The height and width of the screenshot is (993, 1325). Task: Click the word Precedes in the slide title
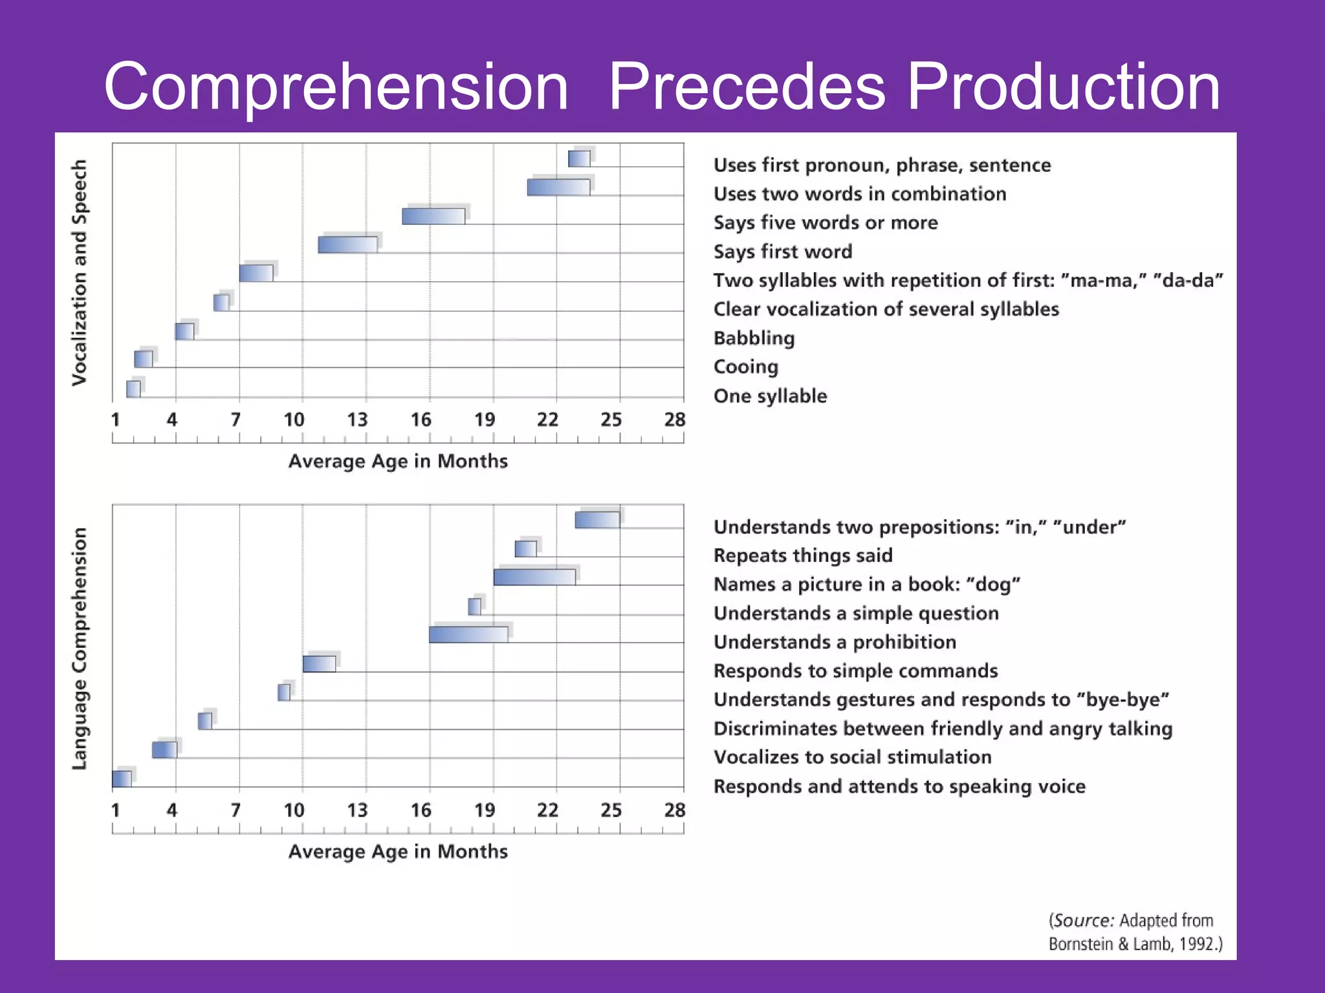click(747, 87)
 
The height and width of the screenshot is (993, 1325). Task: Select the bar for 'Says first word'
click(348, 245)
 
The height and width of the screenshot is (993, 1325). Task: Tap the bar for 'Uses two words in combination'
click(558, 187)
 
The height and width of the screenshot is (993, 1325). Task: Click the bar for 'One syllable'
click(133, 389)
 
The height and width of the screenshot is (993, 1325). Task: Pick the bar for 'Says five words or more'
click(433, 216)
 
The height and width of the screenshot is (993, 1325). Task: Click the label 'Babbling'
click(754, 338)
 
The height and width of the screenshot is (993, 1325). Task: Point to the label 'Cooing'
click(745, 367)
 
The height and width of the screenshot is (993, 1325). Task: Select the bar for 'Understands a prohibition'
click(468, 635)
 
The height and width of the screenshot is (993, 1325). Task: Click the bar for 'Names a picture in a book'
click(534, 577)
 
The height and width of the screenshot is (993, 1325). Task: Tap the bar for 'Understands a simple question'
click(474, 606)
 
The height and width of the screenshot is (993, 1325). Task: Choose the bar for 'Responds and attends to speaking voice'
click(122, 779)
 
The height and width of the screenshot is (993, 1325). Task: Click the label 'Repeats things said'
click(802, 555)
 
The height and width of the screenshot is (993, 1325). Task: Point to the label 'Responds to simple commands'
click(855, 670)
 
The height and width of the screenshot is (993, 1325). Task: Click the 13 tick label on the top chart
click(357, 420)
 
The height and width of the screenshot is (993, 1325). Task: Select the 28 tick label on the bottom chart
click(674, 810)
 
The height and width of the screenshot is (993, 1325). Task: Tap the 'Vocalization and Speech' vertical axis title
click(79, 273)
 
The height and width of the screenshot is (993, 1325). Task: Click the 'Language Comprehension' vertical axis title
click(79, 648)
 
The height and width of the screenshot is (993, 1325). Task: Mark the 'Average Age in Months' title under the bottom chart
click(398, 851)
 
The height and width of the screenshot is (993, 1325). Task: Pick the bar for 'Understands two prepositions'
click(597, 520)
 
